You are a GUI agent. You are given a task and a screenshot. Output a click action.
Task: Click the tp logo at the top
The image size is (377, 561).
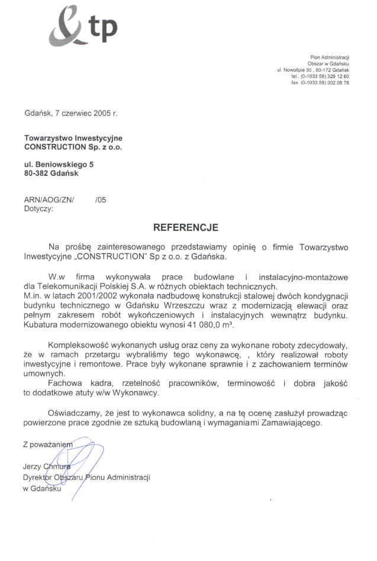click(x=82, y=26)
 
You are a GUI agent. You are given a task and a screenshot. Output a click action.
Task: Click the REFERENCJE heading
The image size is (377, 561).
click(x=186, y=227)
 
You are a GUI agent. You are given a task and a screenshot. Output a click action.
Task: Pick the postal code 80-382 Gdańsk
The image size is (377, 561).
click(x=51, y=173)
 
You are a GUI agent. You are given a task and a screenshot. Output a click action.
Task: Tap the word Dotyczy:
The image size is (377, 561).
click(x=38, y=208)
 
